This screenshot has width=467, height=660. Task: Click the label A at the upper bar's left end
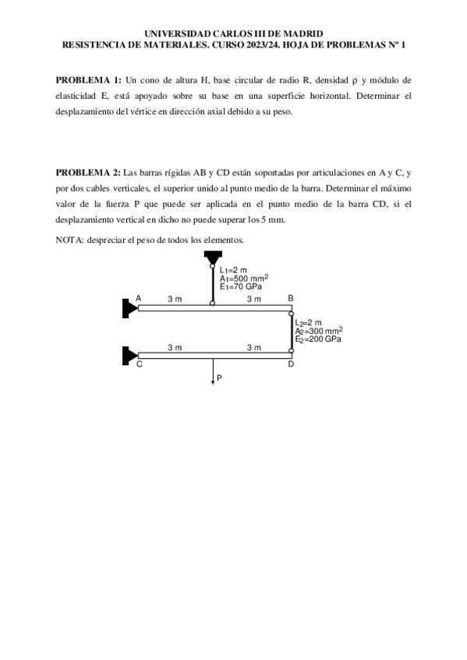click(x=139, y=298)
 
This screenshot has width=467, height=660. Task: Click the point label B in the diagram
click(x=291, y=298)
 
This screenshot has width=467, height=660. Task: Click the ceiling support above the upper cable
click(x=213, y=258)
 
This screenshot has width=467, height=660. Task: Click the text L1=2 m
click(x=233, y=270)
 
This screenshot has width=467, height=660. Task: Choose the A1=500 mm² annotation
click(x=244, y=278)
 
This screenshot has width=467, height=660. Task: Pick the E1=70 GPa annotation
click(x=240, y=286)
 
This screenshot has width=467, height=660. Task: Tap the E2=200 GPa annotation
click(x=318, y=339)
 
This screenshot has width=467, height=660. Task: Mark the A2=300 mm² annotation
click(x=319, y=331)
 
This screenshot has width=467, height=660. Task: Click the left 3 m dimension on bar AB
click(x=175, y=299)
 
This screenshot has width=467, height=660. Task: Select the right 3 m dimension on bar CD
click(x=253, y=347)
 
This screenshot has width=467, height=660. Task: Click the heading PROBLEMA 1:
click(x=88, y=80)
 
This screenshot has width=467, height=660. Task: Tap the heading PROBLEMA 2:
click(x=88, y=171)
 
